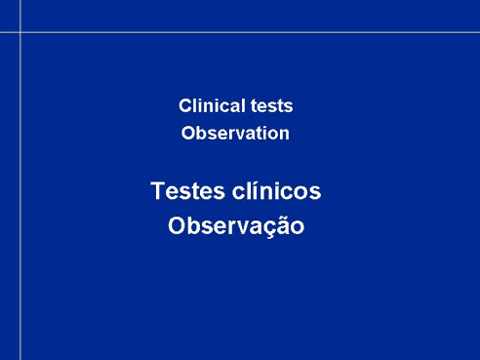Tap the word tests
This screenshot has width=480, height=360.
(x=271, y=106)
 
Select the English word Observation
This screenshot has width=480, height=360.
(x=235, y=133)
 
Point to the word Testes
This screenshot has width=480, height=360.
(x=187, y=190)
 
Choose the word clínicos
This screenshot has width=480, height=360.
(x=276, y=190)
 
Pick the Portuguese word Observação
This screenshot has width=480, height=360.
(x=236, y=225)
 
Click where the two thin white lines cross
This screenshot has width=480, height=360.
(x=20, y=32)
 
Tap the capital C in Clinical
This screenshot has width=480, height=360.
(x=184, y=106)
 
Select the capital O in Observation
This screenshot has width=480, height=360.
(x=187, y=134)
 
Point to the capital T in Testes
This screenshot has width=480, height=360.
(x=157, y=190)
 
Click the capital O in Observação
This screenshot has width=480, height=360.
(x=176, y=225)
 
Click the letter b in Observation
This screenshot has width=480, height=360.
(x=202, y=133)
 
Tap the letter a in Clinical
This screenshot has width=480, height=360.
(x=235, y=108)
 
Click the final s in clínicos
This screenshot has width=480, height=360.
(x=315, y=193)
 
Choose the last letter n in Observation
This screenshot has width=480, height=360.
(x=284, y=136)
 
